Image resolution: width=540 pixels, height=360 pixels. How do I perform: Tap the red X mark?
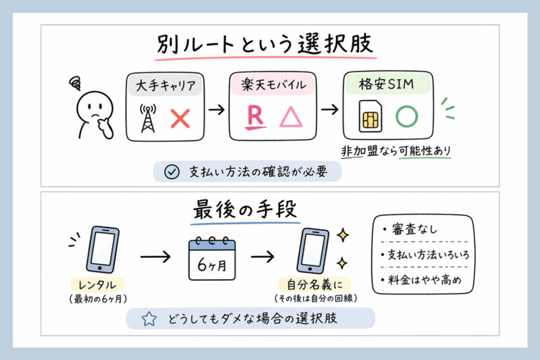[x=181, y=119]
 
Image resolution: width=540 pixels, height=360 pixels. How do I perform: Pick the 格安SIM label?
[x=385, y=86]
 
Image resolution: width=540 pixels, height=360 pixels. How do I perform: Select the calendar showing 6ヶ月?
[x=211, y=258]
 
